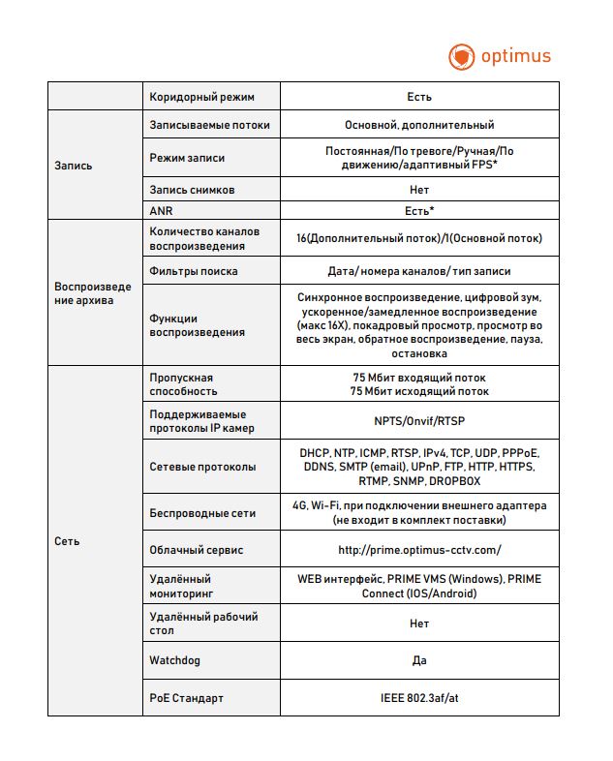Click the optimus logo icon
tap(462, 56)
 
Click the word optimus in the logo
tap(515, 55)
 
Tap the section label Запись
tap(74, 166)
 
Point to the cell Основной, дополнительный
tap(419, 125)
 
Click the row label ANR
tap(161, 210)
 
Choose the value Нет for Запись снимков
tap(419, 190)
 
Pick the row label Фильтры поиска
tap(194, 271)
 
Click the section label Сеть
tap(67, 541)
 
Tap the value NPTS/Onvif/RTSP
tap(419, 421)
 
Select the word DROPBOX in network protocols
tap(454, 480)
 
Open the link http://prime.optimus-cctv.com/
tap(419, 550)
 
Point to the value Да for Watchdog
tap(419, 660)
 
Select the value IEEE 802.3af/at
tap(419, 697)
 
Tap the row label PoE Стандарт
tap(187, 697)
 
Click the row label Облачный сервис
tap(197, 550)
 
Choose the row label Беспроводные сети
tap(202, 513)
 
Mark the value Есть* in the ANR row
tap(419, 210)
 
